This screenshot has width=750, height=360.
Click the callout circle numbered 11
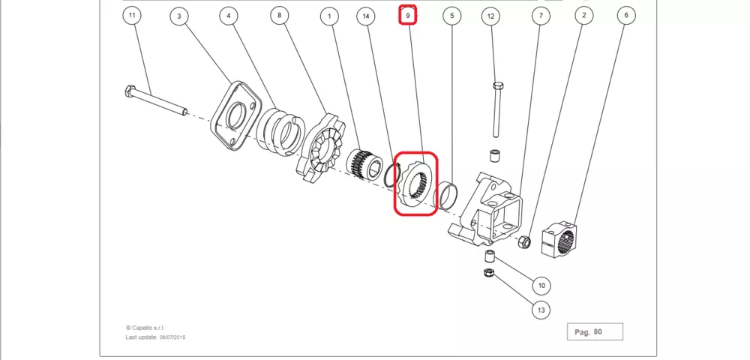(x=133, y=15)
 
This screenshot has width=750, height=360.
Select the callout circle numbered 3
(x=179, y=16)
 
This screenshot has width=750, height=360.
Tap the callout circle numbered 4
(x=229, y=16)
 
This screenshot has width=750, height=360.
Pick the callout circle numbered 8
(x=279, y=15)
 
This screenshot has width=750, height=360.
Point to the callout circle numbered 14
(x=366, y=16)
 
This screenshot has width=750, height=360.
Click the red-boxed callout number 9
(x=408, y=15)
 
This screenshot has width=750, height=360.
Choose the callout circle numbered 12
(x=490, y=16)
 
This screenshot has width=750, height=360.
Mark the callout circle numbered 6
(x=626, y=15)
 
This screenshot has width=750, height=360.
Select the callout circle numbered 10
(x=541, y=286)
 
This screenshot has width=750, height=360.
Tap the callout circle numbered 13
(x=541, y=310)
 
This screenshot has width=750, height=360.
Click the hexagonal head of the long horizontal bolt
(x=130, y=91)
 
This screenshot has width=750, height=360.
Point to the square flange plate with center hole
(x=235, y=115)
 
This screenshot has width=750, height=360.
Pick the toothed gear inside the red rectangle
(x=415, y=184)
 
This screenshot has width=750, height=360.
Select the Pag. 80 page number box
(x=595, y=331)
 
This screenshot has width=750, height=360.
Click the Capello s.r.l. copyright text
(x=145, y=328)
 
